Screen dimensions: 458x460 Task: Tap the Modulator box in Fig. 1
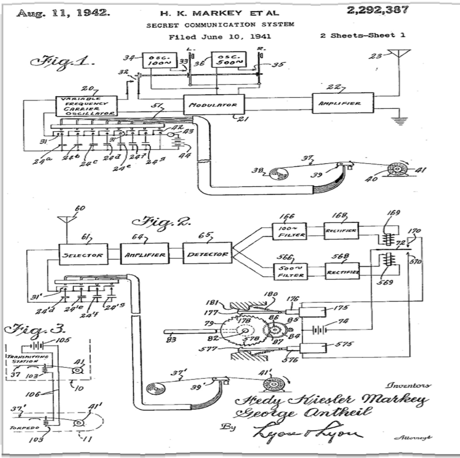tap(214, 104)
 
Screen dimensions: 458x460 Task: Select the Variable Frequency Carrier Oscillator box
tap(86, 106)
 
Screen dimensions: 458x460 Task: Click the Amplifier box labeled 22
tap(343, 104)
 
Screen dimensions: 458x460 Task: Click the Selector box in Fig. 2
tap(83, 254)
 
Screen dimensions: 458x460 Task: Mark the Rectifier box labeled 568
tap(342, 271)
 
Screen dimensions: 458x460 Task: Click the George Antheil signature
tap(299, 414)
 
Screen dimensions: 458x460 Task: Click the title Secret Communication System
tap(220, 25)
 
